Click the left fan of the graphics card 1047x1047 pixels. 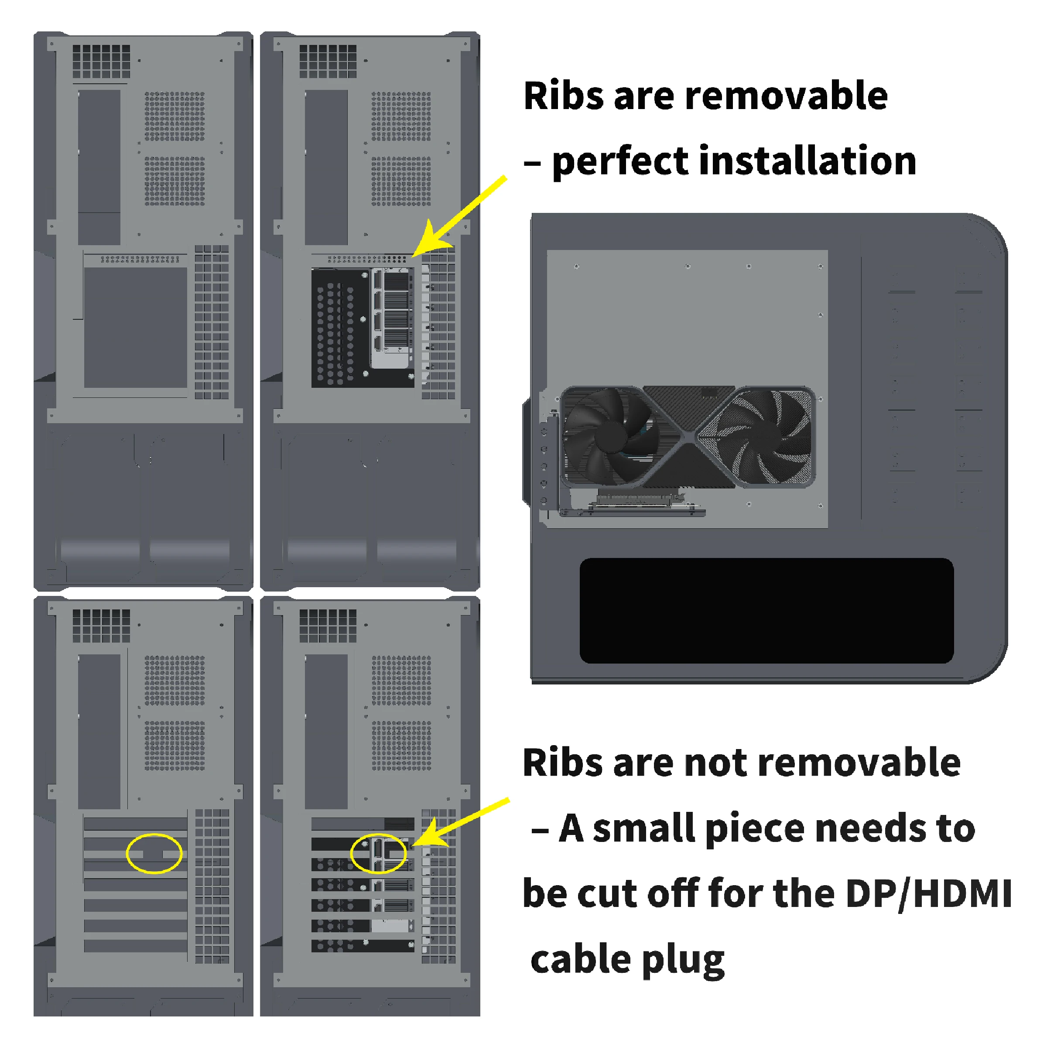click(611, 437)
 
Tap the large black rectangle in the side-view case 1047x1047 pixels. click(766, 610)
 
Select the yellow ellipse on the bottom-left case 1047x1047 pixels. click(154, 854)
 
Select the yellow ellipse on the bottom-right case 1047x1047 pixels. click(378, 854)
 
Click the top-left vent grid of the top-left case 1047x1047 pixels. click(101, 61)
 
